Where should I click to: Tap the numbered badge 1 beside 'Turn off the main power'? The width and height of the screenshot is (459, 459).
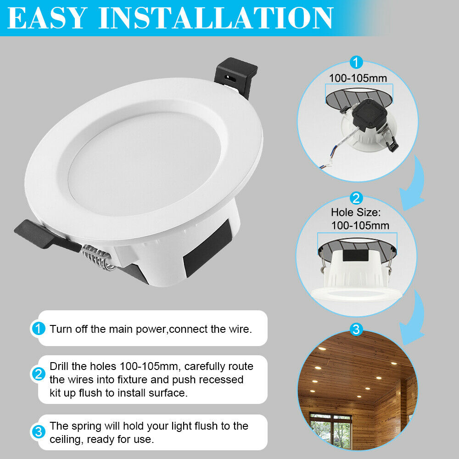38,329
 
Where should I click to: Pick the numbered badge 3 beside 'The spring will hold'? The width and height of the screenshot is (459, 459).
38,432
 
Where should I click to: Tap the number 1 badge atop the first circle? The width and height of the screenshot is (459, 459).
357,62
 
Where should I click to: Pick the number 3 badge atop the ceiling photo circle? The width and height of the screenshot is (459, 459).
356,329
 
